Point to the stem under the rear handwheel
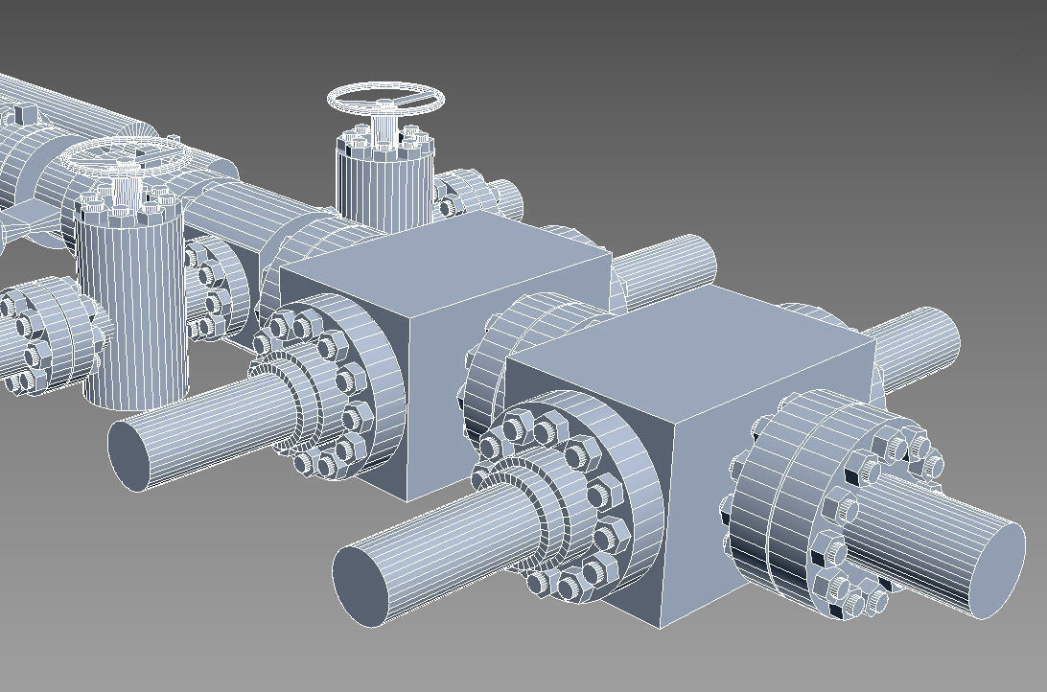tap(386, 125)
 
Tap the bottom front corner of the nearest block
tap(660, 628)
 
